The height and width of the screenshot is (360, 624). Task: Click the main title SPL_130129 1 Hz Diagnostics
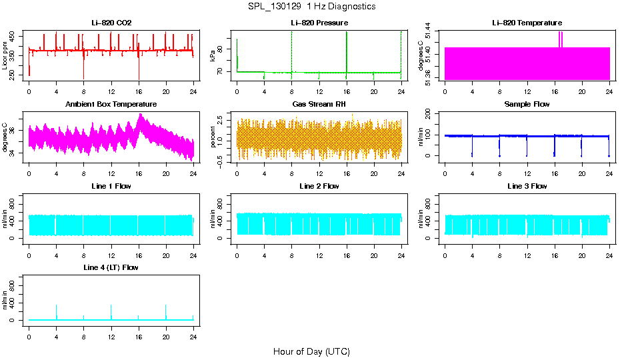(311, 7)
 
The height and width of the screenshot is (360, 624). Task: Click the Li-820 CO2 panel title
(111, 23)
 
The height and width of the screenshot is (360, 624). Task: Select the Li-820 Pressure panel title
(319, 23)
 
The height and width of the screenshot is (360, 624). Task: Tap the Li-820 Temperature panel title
(527, 23)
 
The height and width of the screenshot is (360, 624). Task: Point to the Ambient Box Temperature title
(111, 105)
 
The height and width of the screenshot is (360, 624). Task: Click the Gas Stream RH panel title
(319, 105)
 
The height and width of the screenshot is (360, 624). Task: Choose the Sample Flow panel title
(527, 105)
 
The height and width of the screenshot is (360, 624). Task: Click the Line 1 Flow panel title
(111, 186)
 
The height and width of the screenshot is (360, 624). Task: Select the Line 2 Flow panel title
(319, 186)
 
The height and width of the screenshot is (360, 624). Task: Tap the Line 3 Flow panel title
(527, 186)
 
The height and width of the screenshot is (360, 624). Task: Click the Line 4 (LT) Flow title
(111, 267)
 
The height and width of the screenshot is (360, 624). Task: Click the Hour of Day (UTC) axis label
(311, 351)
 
